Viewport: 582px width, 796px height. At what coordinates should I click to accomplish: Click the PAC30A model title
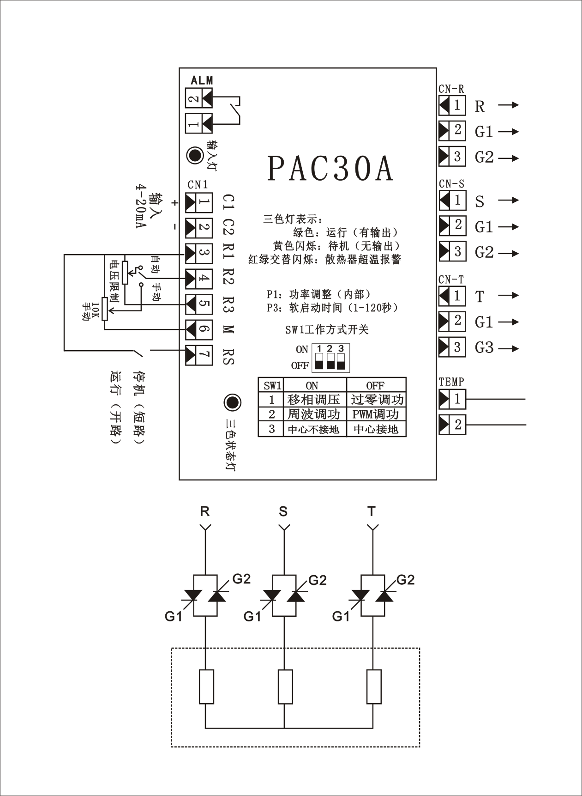tap(330, 169)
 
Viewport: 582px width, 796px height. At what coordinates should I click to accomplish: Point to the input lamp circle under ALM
tap(195, 155)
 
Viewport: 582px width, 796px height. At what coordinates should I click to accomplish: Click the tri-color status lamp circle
tap(232, 402)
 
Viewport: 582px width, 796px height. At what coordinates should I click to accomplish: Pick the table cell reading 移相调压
tap(314, 400)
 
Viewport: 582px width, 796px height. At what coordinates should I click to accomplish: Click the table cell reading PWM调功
tap(376, 414)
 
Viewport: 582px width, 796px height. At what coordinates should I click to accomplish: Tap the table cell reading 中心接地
tap(376, 429)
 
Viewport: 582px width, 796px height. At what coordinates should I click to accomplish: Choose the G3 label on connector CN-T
tap(484, 347)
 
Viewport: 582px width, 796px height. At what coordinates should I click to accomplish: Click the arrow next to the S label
tap(509, 201)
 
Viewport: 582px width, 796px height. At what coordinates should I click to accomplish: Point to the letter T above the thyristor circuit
tap(372, 511)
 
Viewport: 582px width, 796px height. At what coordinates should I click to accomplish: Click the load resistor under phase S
tap(285, 687)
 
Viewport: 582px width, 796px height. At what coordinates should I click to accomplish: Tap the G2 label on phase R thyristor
tap(241, 578)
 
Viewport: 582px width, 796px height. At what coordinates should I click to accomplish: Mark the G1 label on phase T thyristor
tap(341, 616)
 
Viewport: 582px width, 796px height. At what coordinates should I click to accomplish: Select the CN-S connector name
tap(451, 184)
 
